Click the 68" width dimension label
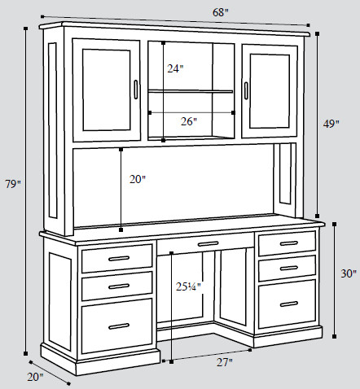point(220,12)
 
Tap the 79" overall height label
point(13,184)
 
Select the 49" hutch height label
point(331,124)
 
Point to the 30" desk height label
point(349,273)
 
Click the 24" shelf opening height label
point(175,68)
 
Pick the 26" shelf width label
point(189,121)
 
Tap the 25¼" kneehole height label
point(188,286)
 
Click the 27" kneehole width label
point(225,362)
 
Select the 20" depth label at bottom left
point(35,377)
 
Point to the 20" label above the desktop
point(138,179)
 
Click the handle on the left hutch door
point(136,90)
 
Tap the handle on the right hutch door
point(246,90)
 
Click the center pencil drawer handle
point(209,244)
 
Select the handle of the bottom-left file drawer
point(119,326)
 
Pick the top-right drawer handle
point(289,243)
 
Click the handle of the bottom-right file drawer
point(289,304)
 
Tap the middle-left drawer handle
point(119,286)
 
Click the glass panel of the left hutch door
point(107,90)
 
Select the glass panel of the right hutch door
point(270,91)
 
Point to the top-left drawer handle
point(119,258)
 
